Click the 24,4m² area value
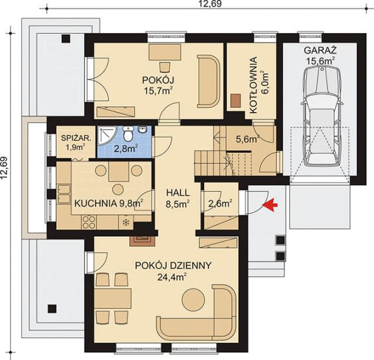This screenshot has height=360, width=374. coord(172,275)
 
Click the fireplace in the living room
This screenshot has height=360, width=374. coord(141,238)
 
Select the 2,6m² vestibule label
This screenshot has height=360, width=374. coord(219,204)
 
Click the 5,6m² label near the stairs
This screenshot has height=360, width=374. coord(247,140)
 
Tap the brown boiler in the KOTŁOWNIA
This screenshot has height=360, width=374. coord(236,101)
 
